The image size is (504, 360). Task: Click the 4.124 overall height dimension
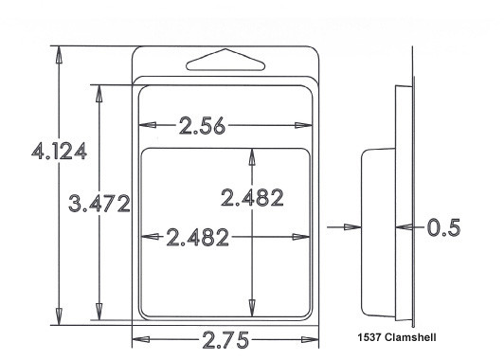(59, 151)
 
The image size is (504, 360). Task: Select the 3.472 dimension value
(99, 204)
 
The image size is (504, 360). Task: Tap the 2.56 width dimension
(202, 125)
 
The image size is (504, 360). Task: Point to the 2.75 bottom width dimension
(225, 340)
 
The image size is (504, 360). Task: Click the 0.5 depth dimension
(444, 227)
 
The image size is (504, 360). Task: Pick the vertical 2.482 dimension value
(252, 197)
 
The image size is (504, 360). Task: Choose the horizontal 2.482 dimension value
(198, 237)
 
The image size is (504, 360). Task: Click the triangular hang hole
(225, 60)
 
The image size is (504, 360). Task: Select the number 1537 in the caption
(369, 337)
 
